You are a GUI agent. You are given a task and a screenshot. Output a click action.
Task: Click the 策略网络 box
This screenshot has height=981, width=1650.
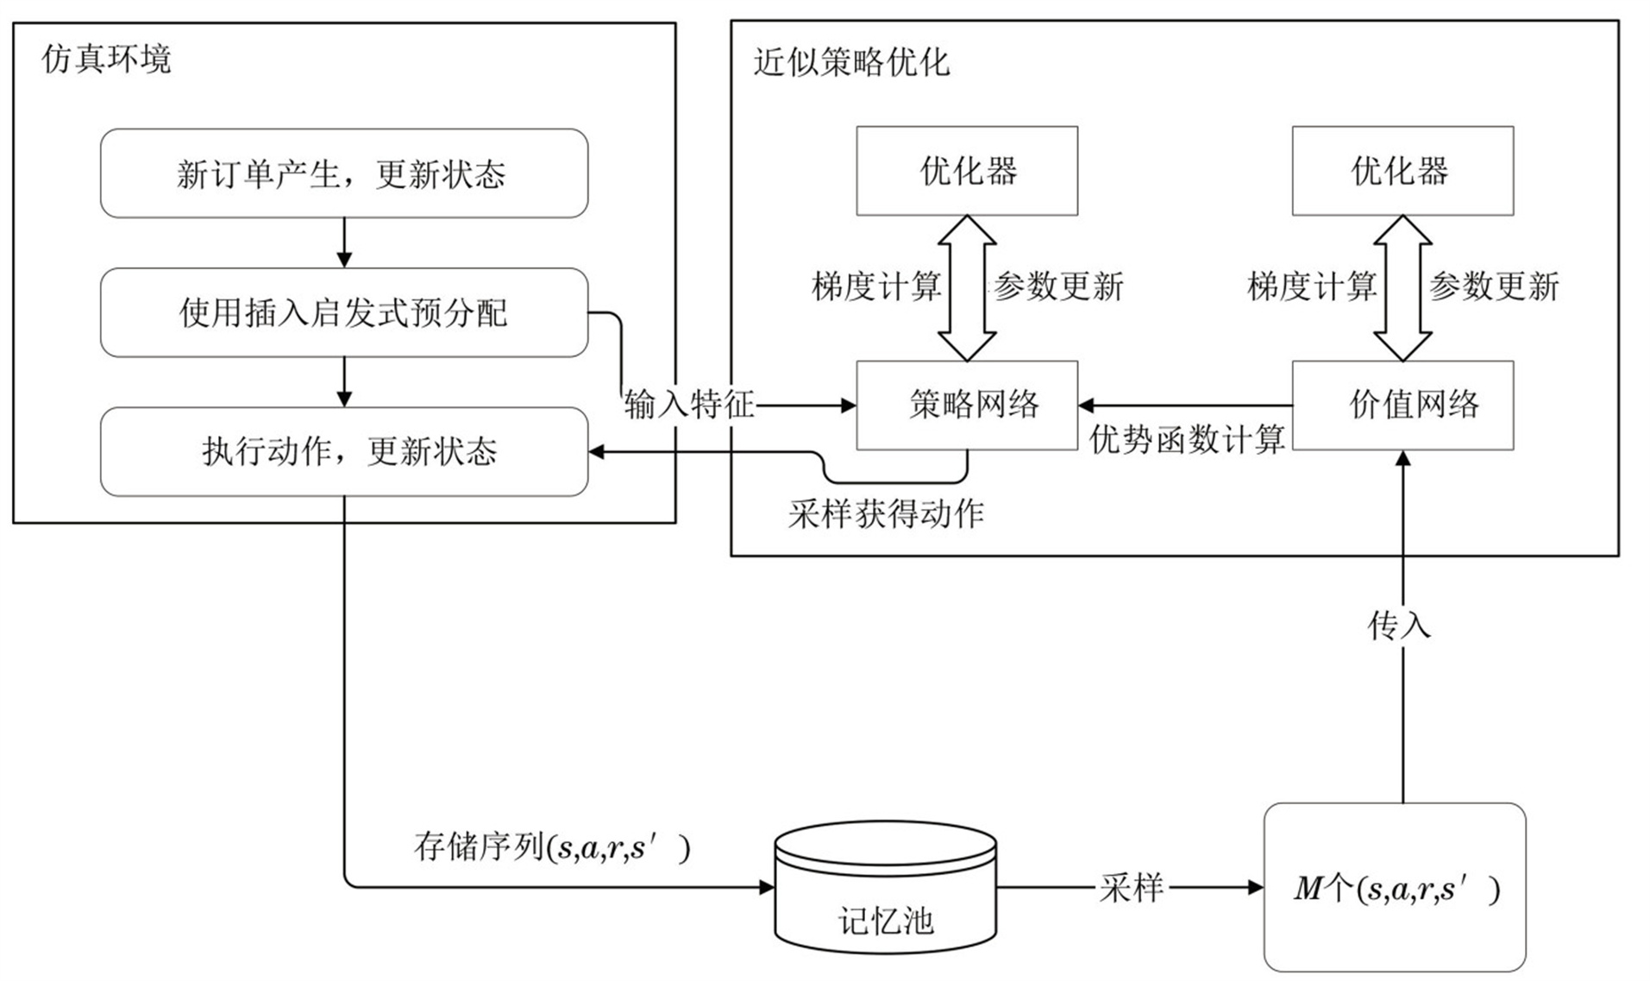966,405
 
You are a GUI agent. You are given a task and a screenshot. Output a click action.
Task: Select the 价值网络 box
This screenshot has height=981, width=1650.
1402,405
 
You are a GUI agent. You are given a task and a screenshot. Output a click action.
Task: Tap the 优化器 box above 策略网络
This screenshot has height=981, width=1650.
966,171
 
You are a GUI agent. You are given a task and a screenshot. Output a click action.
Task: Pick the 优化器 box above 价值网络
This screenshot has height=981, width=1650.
1402,171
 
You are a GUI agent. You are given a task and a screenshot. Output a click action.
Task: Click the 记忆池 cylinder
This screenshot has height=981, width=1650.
885,889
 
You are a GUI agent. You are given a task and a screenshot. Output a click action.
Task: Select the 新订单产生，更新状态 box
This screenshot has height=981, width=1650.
343,173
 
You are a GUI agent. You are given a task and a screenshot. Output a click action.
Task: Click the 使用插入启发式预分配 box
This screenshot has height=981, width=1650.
343,312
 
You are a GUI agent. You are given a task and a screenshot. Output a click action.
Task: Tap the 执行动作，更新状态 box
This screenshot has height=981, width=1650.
343,451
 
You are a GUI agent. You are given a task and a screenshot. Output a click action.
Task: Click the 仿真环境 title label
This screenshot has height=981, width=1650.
107,60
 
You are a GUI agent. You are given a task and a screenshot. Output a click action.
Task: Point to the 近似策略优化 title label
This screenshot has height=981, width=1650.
851,62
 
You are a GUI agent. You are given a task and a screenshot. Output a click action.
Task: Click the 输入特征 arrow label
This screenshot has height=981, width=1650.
689,404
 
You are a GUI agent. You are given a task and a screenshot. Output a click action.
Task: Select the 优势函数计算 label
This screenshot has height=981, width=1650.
1187,439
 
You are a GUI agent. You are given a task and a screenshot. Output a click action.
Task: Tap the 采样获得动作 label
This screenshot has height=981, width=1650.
886,514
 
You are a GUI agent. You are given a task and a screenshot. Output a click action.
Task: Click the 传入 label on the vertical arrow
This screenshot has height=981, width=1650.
1399,626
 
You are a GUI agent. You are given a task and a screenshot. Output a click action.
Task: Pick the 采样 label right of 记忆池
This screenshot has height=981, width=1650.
1132,887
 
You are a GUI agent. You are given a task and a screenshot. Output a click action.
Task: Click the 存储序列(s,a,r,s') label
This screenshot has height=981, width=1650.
552,847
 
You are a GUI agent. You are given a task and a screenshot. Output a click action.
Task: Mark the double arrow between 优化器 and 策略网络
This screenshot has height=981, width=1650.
967,287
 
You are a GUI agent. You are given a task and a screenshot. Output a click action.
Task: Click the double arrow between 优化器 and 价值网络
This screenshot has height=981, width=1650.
1402,287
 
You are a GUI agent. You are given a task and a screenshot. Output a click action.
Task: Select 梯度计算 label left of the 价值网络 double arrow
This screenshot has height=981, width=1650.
1312,286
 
